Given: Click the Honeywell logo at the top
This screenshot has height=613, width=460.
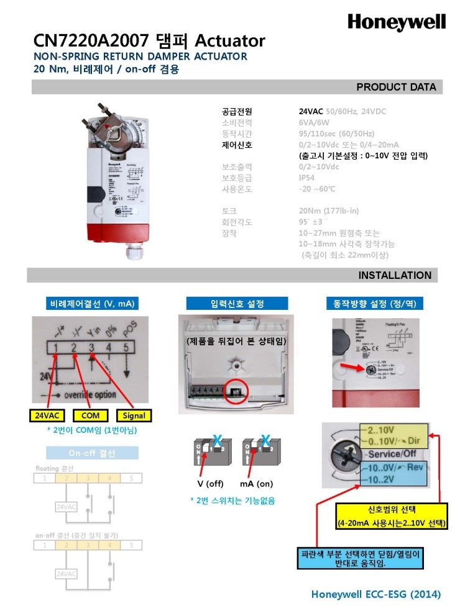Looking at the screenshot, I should (396, 22).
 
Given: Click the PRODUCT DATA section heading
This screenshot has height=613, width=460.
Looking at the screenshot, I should (396, 87).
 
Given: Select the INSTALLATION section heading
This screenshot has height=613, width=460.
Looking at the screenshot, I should (394, 275).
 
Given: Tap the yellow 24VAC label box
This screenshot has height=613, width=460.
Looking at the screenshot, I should (47, 415).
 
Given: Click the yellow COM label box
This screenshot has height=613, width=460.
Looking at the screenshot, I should (90, 415).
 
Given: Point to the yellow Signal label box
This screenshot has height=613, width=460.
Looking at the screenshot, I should (134, 415).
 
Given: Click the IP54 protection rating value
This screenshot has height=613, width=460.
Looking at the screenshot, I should (308, 177).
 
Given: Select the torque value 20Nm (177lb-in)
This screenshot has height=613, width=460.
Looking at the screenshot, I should (329, 211).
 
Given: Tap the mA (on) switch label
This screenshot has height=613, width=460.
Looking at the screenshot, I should (256, 484).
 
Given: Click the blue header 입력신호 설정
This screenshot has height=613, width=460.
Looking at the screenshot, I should (237, 304).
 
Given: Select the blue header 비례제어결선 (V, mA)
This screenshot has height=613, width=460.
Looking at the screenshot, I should (91, 304).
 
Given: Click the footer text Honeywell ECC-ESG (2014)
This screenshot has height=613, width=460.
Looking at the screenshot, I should (376, 594).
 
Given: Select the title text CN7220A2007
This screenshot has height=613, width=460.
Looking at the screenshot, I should (91, 41).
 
